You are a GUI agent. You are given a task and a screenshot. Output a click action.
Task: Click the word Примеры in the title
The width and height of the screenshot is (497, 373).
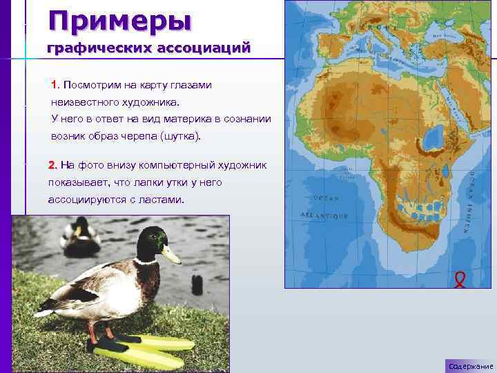[119, 20]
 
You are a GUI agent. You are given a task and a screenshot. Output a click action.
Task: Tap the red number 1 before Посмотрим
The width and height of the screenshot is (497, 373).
[55, 85]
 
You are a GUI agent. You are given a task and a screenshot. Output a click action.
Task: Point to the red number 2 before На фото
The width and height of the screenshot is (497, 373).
[52, 165]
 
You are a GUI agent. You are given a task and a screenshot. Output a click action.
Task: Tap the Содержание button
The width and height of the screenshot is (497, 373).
[469, 365]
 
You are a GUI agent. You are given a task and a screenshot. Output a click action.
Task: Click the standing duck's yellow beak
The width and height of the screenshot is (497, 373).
[170, 255]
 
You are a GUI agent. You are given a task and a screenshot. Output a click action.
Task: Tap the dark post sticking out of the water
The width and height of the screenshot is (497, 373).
[197, 284]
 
